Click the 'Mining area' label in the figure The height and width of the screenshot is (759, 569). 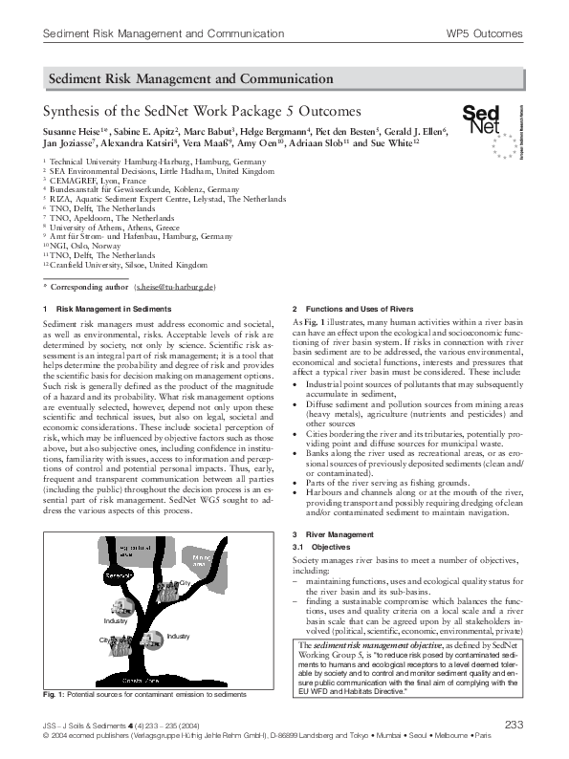[206, 558]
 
